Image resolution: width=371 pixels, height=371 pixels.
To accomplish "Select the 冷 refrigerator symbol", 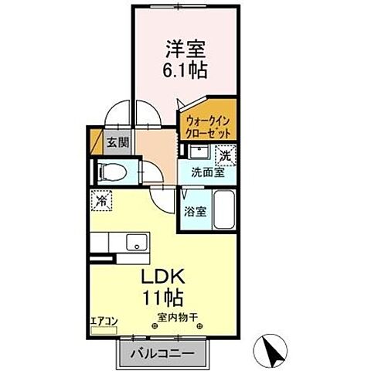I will click(x=102, y=200).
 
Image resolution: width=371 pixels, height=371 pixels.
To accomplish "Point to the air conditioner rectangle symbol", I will click(x=102, y=329).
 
